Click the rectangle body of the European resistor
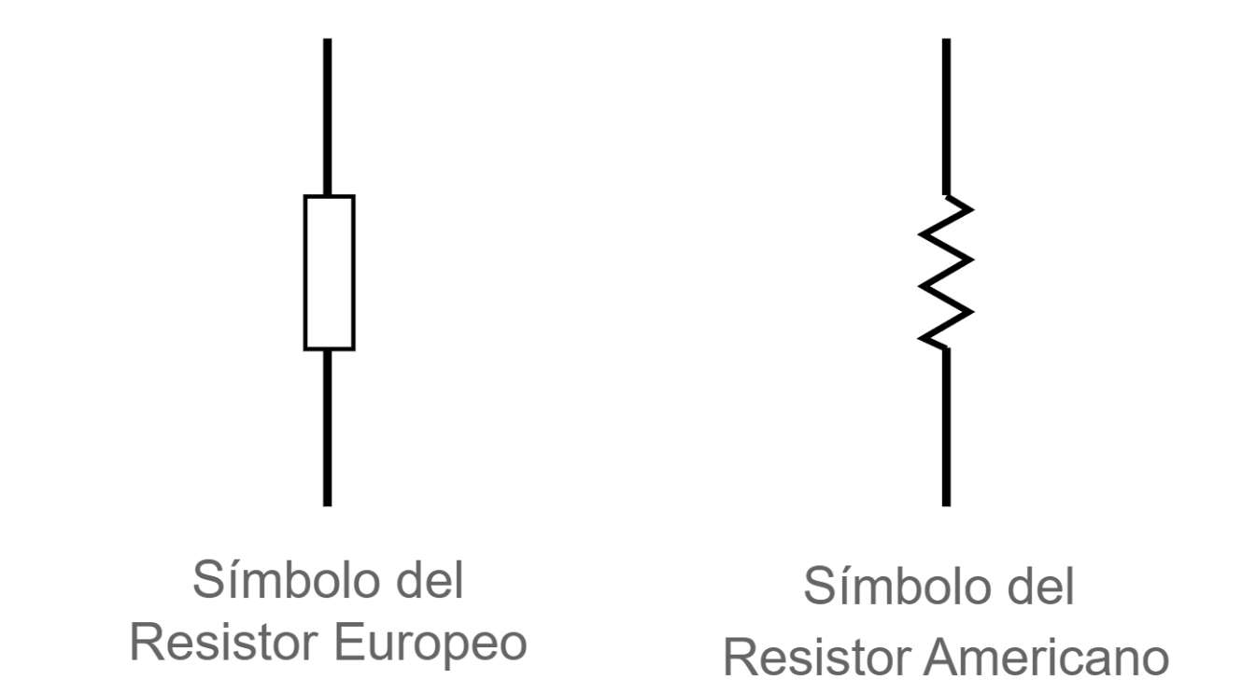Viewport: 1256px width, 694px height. pyautogui.click(x=305, y=273)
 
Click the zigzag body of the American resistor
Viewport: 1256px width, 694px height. pyautogui.click(x=946, y=274)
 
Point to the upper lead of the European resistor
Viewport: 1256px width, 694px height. pyautogui.click(x=328, y=117)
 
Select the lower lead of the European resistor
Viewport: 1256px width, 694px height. pyautogui.click(x=328, y=429)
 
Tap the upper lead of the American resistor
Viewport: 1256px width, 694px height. pyautogui.click(x=947, y=117)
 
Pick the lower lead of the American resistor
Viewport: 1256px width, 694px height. pyautogui.click(x=947, y=428)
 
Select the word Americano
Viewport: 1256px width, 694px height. pyautogui.click(x=1046, y=659)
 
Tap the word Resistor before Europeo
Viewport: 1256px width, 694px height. pyautogui.click(x=224, y=643)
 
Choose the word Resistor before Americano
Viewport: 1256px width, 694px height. pyautogui.click(x=816, y=659)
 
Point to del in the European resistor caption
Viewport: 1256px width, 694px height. pyautogui.click(x=430, y=579)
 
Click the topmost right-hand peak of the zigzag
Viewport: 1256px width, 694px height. pyautogui.click(x=973, y=209)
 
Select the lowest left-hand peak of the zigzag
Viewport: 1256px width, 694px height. pyautogui.click(x=919, y=338)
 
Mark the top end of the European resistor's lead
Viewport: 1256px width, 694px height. pyautogui.click(x=328, y=38)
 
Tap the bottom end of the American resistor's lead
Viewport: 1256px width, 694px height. pyautogui.click(x=947, y=506)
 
